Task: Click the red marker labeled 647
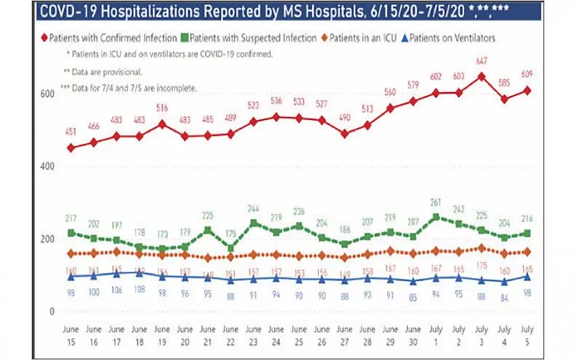pyautogui.click(x=480, y=77)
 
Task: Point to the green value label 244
pyautogui.click(x=253, y=208)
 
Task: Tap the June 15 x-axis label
pyautogui.click(x=70, y=334)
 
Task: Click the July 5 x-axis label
pyautogui.click(x=527, y=334)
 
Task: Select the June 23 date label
pyautogui.click(x=253, y=334)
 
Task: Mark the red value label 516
pyautogui.click(x=162, y=108)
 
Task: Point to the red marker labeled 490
pyautogui.click(x=344, y=134)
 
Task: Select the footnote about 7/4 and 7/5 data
pyautogui.click(x=129, y=88)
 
